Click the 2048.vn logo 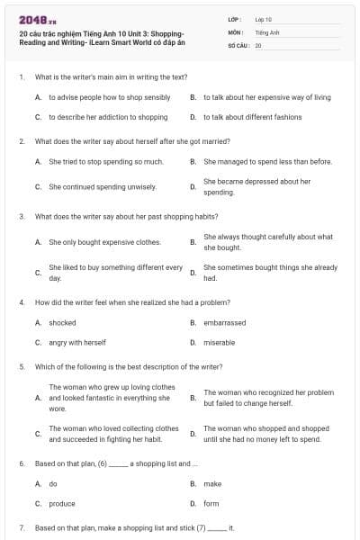tap(31, 20)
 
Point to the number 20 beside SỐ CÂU tap(258, 44)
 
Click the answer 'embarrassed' tap(224, 322)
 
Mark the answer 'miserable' tap(219, 343)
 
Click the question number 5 tap(22, 367)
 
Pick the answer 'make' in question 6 tap(212, 483)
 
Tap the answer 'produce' tap(62, 504)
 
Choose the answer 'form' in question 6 tap(211, 504)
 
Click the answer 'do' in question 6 tap(53, 483)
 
